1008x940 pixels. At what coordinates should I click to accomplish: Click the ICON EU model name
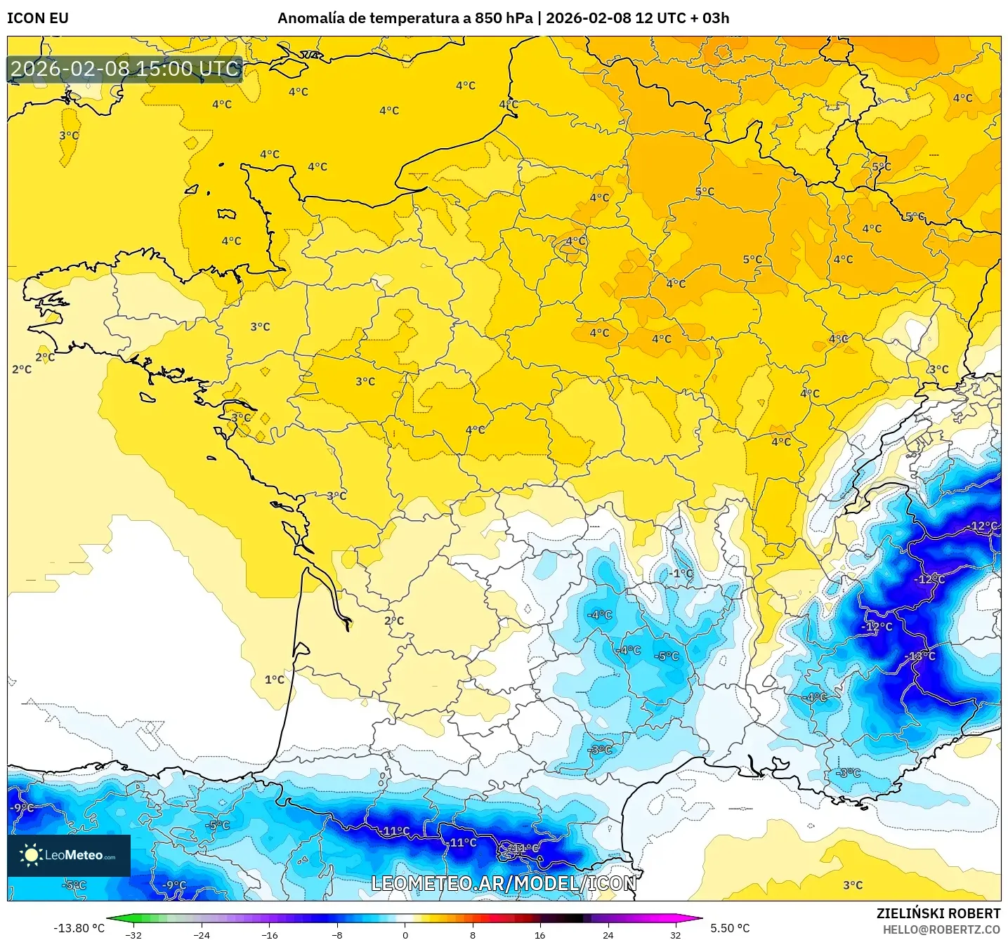[x=38, y=18]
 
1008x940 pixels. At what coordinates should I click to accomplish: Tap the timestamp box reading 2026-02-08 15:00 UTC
[x=125, y=69]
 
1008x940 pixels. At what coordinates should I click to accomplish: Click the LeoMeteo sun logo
[x=31, y=854]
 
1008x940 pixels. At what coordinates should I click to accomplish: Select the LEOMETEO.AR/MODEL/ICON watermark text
[x=503, y=883]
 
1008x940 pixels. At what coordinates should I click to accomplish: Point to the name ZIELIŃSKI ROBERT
[x=938, y=913]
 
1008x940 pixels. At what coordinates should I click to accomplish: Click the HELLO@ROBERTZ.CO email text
[x=941, y=929]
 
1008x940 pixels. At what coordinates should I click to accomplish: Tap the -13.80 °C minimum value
[x=79, y=928]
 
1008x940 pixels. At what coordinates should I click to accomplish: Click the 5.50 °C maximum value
[x=730, y=928]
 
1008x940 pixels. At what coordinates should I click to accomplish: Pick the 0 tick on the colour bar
[x=405, y=934]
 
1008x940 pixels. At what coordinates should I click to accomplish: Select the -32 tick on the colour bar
[x=133, y=934]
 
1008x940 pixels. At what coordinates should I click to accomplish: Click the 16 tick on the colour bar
[x=539, y=934]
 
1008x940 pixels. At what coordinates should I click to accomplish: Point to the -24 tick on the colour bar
[x=202, y=934]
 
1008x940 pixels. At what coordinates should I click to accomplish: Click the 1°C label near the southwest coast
[x=275, y=680]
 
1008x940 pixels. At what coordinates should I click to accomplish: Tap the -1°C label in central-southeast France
[x=680, y=573]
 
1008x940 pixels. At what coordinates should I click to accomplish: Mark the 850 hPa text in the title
[x=503, y=18]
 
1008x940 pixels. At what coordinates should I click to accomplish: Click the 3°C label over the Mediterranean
[x=853, y=885]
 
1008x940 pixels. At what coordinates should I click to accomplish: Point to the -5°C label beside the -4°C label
[x=666, y=656]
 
